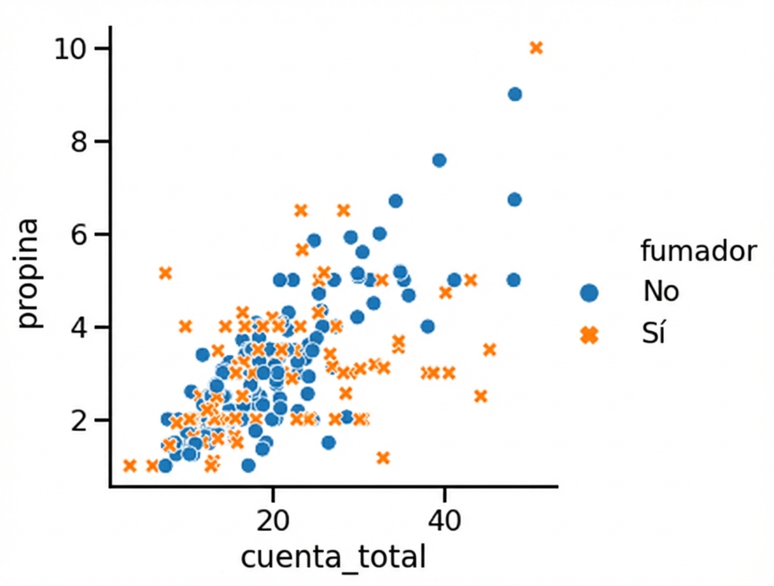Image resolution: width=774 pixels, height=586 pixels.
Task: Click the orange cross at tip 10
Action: click(x=536, y=48)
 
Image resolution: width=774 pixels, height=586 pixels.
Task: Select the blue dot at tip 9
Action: click(x=514, y=94)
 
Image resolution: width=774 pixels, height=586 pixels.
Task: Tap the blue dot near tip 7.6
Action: click(x=439, y=160)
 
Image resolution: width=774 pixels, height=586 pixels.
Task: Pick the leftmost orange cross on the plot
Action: click(x=129, y=466)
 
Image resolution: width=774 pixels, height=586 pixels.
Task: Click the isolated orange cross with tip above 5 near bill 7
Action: click(x=165, y=273)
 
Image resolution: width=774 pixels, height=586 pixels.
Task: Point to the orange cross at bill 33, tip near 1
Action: click(x=383, y=458)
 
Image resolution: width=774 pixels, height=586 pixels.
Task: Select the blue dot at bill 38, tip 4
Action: click(x=428, y=326)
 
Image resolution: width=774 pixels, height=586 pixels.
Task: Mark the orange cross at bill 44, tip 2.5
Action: click(x=480, y=396)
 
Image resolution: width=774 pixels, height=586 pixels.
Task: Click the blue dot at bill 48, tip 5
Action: click(x=513, y=280)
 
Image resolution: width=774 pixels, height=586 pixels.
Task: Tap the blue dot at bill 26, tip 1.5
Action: click(x=328, y=443)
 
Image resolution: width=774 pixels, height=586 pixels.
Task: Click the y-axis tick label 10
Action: click(x=71, y=49)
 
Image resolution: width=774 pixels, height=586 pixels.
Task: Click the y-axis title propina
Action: click(x=29, y=275)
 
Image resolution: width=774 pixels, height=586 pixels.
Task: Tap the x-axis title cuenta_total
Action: click(x=333, y=558)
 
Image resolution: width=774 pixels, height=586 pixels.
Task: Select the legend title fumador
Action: click(x=698, y=251)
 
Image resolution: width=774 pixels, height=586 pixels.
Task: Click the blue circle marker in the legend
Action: click(x=589, y=292)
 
